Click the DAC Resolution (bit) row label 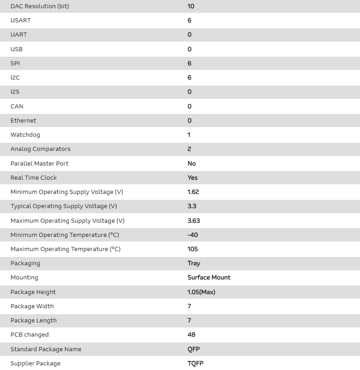click(x=40, y=6)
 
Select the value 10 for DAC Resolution click(x=191, y=6)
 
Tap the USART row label click(x=21, y=21)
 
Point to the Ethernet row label click(x=23, y=121)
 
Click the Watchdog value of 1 click(x=189, y=135)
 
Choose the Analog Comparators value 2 click(x=189, y=149)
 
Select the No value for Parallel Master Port click(x=191, y=163)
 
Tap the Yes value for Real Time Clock click(x=192, y=177)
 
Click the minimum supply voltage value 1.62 click(x=193, y=192)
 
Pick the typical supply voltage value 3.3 click(x=192, y=206)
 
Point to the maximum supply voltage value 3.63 click(x=194, y=220)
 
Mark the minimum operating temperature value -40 click(x=192, y=235)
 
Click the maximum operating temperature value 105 click(x=193, y=249)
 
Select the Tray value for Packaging click(x=194, y=263)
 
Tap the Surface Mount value click(x=209, y=278)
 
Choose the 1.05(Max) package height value click(x=201, y=292)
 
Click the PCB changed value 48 click(x=191, y=335)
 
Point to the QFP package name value click(x=194, y=349)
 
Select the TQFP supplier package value click(x=196, y=363)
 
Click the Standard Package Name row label click(x=46, y=349)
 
